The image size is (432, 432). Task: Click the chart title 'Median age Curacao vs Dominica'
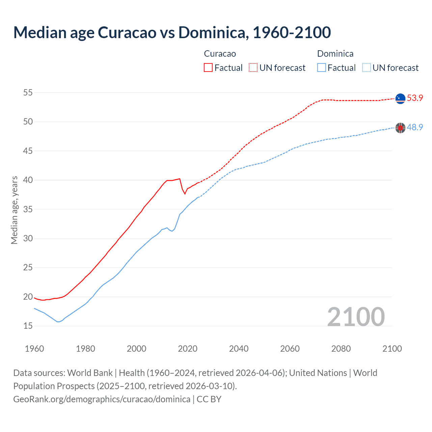point(172,32)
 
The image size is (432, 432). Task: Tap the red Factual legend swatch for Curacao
point(208,68)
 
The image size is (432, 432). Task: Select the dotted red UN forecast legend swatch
point(253,68)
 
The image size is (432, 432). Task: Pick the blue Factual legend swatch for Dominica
point(322,68)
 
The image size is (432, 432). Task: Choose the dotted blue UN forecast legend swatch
point(367,68)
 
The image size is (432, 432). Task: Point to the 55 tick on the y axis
point(28,92)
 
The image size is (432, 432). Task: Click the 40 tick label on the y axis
point(28,180)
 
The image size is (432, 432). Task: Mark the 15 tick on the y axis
point(28,326)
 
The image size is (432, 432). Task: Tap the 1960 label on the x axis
point(34,349)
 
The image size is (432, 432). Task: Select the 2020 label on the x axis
point(188,349)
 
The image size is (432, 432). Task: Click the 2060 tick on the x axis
point(290,349)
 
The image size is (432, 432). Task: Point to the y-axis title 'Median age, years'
point(14,210)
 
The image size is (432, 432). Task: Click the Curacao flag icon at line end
point(400,99)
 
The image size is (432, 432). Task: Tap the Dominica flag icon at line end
point(400,128)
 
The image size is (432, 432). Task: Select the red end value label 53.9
point(415,98)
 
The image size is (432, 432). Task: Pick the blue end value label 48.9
point(415,128)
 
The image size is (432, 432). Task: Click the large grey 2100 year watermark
point(356,317)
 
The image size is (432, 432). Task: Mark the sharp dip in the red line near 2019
point(185,194)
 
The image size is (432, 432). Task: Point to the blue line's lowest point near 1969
point(58,322)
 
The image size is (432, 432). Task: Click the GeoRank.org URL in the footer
point(102,399)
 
